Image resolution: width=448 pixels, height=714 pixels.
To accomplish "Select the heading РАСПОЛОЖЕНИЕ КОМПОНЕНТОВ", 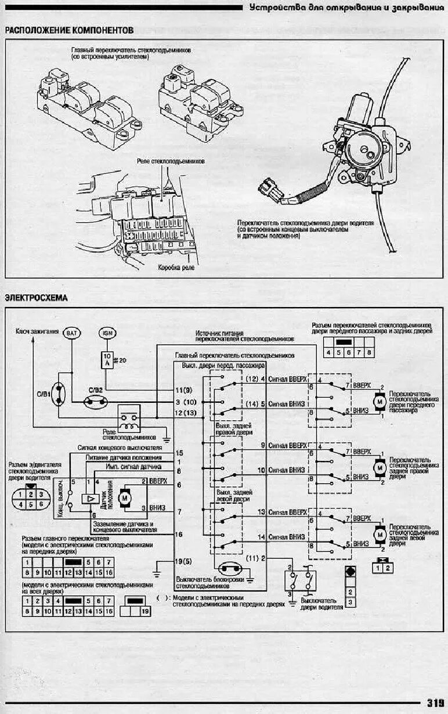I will (69, 30).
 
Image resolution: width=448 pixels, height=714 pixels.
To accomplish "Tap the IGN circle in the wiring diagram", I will (108, 333).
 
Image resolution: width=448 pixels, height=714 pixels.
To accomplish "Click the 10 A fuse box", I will (107, 360).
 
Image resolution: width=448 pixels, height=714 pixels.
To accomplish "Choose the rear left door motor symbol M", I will (380, 532).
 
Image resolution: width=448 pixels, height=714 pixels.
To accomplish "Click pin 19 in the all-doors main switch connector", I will (145, 611).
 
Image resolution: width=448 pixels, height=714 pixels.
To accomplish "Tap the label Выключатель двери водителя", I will (319, 604).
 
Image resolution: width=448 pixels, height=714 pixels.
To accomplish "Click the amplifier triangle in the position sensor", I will (91, 498).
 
